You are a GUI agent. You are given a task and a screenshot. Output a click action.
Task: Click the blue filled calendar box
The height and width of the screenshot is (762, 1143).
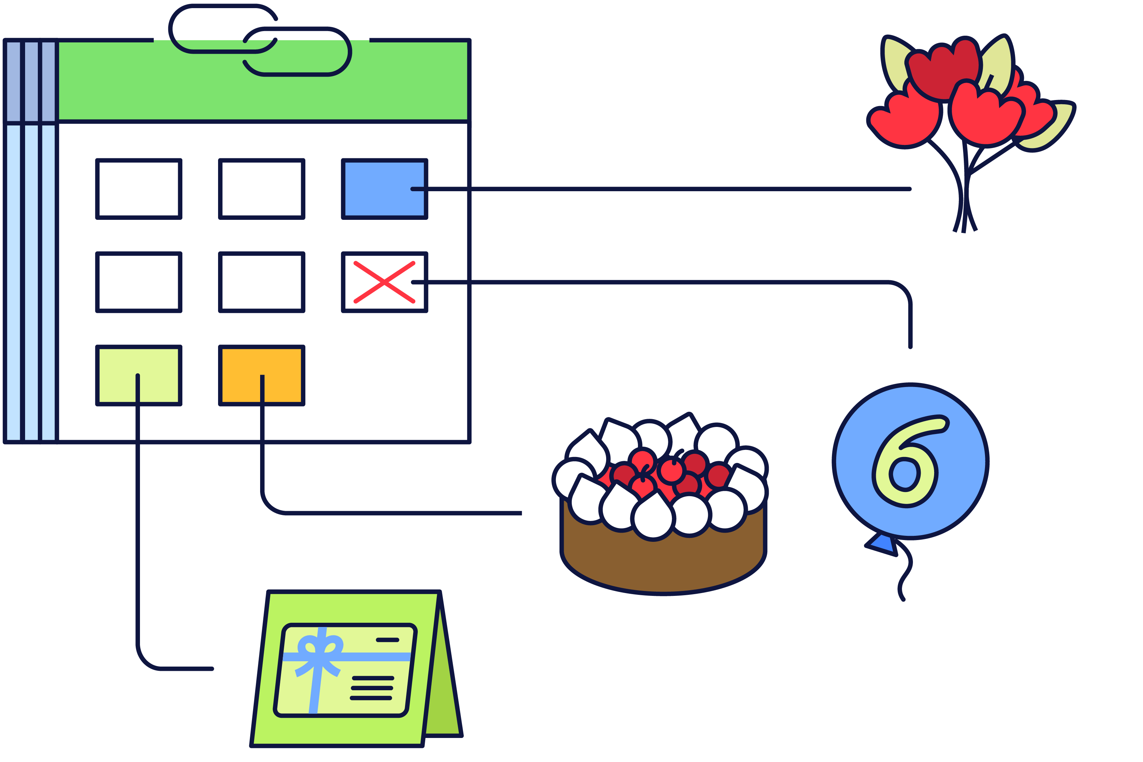click(385, 189)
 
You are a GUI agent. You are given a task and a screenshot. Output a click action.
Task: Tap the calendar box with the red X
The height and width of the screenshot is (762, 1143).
click(385, 282)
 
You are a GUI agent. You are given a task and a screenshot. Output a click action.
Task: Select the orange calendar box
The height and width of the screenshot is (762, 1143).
click(262, 376)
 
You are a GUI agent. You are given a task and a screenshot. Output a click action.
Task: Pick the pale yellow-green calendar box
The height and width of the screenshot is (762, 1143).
click(139, 376)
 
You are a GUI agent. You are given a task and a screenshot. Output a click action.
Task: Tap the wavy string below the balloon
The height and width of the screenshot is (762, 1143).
click(905, 571)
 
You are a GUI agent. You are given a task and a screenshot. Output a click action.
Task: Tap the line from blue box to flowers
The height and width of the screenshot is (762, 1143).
click(661, 189)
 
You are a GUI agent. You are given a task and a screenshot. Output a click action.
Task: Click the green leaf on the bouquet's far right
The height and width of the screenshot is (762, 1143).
click(1050, 129)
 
